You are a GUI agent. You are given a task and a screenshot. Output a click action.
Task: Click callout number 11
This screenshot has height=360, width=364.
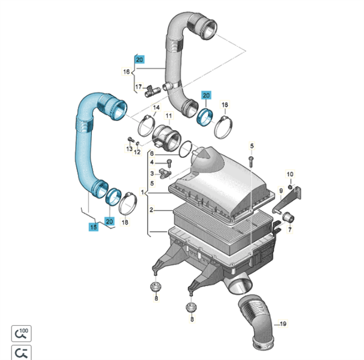click(x=169, y=116)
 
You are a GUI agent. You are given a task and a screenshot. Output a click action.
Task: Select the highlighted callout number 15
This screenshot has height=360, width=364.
click(x=93, y=227)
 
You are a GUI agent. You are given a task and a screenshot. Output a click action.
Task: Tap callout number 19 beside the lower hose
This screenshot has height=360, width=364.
click(x=283, y=324)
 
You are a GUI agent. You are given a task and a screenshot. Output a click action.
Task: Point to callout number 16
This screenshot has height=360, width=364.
click(x=126, y=71)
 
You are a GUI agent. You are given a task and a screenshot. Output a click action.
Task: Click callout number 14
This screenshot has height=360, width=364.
click(x=156, y=107)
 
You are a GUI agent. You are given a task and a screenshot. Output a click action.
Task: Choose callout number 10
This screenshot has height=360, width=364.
click(x=290, y=174)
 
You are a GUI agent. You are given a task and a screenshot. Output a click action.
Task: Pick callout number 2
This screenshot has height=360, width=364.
click(x=151, y=210)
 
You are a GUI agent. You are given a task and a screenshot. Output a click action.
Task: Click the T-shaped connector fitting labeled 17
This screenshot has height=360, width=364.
click(x=151, y=91)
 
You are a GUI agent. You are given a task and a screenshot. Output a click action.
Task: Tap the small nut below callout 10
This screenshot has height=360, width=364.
click(x=290, y=187)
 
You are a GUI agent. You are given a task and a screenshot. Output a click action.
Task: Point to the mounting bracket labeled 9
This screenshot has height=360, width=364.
click(x=288, y=199)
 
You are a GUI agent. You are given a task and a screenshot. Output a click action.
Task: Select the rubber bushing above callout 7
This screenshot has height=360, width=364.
click(x=288, y=218)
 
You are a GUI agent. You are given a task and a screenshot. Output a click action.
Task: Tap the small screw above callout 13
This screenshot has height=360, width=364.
click(x=130, y=140)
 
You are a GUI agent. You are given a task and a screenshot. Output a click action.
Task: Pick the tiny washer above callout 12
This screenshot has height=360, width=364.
click(x=137, y=143)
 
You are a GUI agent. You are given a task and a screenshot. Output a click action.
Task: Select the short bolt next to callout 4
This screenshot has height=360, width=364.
click(x=169, y=163)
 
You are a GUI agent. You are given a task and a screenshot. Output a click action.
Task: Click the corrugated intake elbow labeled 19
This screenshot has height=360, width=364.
click(x=256, y=322)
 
